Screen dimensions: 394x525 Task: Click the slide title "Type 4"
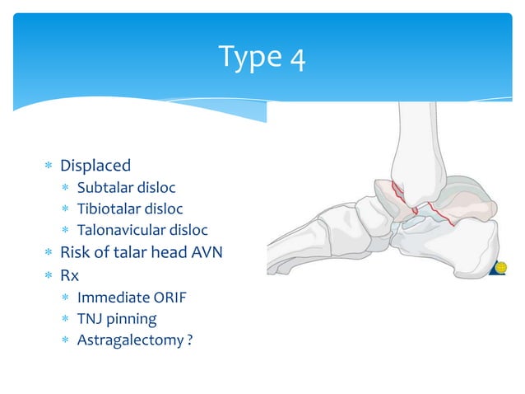262,57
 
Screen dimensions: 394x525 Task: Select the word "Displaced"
95,166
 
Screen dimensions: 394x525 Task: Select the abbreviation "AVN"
205,253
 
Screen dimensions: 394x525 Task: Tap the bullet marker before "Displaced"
49,167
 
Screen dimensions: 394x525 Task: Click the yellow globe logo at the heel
500,267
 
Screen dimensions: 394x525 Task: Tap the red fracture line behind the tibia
457,216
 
